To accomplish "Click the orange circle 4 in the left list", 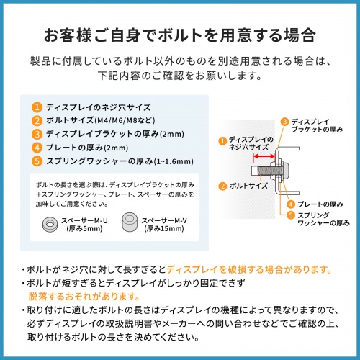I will [x=37, y=147].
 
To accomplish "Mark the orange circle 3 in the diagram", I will [x=284, y=122].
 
